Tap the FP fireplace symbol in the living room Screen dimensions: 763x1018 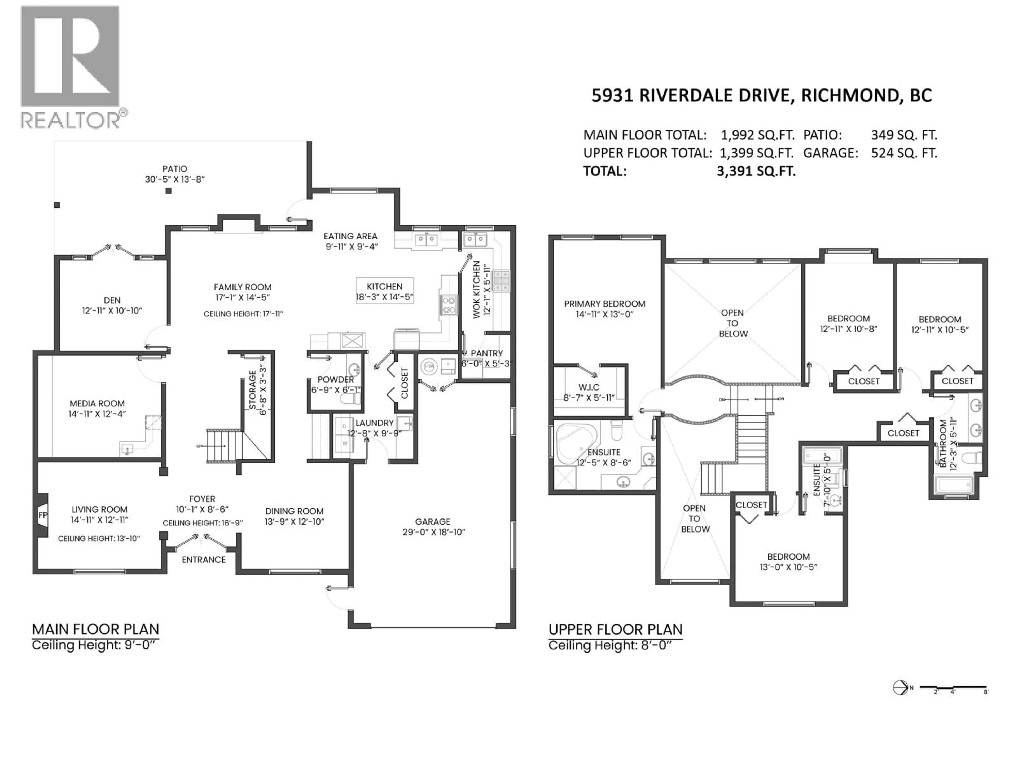click(42, 515)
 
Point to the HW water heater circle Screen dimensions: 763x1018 click(429, 366)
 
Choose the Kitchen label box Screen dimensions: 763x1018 click(385, 291)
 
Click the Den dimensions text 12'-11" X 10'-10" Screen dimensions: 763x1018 click(112, 311)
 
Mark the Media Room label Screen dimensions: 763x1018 click(97, 403)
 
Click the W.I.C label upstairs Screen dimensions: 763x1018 click(589, 387)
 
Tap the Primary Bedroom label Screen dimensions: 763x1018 click(604, 304)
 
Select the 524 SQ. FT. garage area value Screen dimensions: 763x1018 click(904, 153)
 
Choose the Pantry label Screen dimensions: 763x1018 click(486, 353)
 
